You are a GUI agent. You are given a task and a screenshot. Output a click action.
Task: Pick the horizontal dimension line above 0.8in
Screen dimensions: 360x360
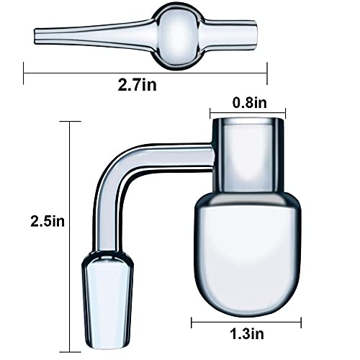coord(248,112)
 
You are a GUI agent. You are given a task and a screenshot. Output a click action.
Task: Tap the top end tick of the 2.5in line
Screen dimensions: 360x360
coord(69,121)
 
